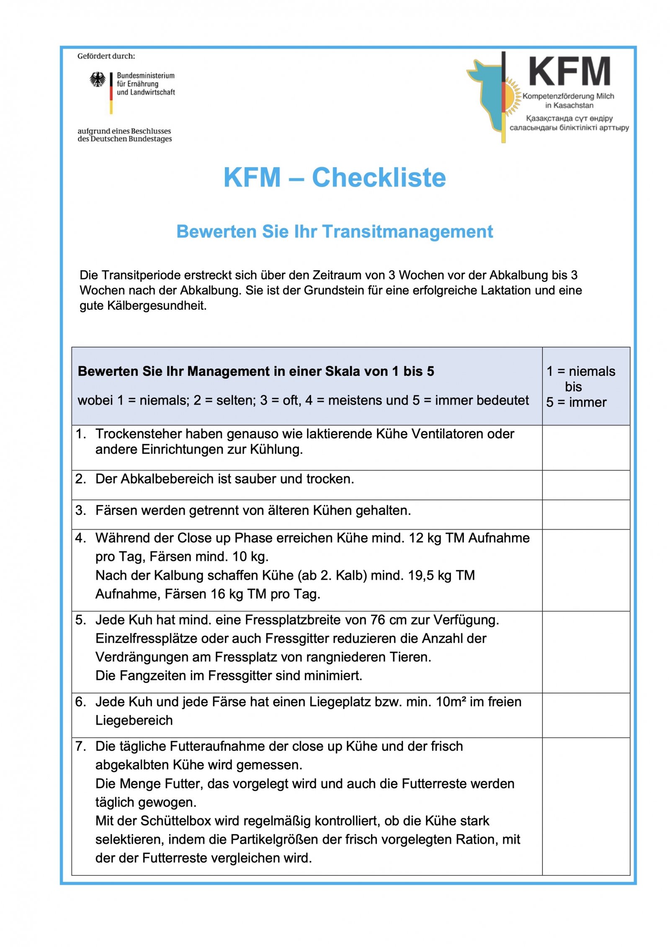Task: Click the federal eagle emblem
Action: [98, 80]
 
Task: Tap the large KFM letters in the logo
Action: [569, 72]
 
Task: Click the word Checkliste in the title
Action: [379, 178]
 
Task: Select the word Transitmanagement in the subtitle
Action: [407, 232]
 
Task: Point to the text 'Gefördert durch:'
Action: [106, 56]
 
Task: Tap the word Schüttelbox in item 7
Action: [176, 821]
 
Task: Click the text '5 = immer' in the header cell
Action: [576, 402]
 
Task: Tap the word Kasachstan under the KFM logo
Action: [573, 106]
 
